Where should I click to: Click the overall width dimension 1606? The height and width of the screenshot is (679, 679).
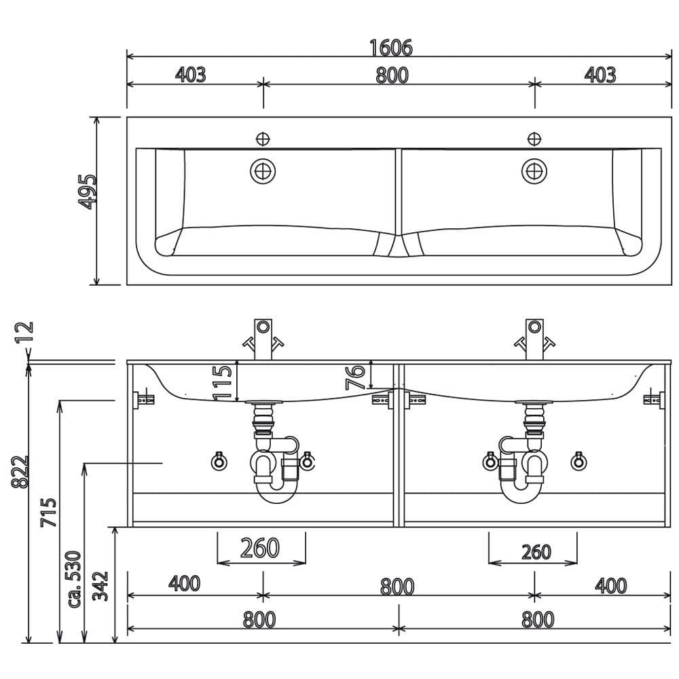point(390,48)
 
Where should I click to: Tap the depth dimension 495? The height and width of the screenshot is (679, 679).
point(88,192)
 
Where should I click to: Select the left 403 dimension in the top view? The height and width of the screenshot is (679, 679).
point(191,75)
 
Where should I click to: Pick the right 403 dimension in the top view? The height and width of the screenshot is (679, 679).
point(600,75)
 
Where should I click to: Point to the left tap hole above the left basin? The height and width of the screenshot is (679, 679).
point(263,139)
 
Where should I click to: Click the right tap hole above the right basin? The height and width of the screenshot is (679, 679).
point(534,139)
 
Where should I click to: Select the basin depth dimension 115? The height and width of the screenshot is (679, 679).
point(222,383)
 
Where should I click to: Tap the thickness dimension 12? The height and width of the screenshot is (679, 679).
point(24,332)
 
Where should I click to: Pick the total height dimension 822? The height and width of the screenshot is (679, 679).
point(20,472)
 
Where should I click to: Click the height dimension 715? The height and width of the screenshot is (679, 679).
point(48,512)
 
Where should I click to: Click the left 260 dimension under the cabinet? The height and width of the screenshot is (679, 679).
point(260,548)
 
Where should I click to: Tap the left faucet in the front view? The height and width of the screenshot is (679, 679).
point(263,339)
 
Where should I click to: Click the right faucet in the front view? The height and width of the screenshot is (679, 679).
point(534,339)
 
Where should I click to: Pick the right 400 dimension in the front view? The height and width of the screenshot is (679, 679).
point(610,585)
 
